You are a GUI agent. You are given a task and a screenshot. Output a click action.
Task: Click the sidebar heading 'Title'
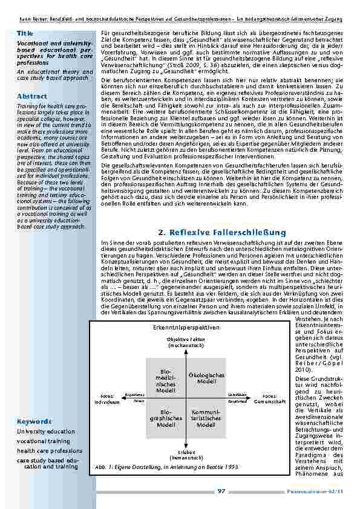(x=25, y=33)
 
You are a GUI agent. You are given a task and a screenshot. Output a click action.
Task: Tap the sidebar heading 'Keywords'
(x=34, y=421)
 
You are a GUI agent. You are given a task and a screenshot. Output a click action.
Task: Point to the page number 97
(x=221, y=491)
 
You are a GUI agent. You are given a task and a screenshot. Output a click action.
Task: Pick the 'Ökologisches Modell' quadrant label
(x=206, y=378)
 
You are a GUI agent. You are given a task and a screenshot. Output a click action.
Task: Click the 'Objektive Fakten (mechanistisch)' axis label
(x=186, y=343)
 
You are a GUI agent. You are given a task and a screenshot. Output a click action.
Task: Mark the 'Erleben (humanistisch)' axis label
(x=186, y=455)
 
